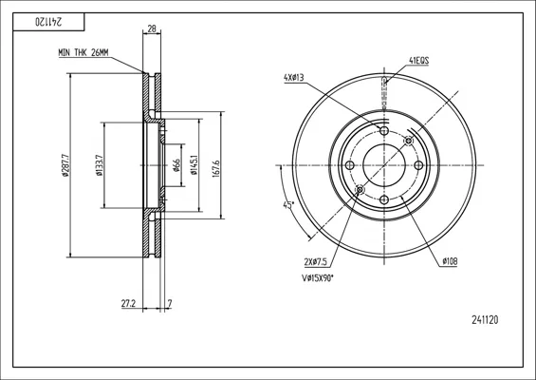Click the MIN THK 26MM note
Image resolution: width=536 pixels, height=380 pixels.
tap(83, 52)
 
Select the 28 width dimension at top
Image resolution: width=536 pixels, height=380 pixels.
tap(152, 29)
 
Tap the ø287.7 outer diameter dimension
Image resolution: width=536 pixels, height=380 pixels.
tap(66, 165)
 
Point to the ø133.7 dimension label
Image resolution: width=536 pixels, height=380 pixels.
tap(100, 165)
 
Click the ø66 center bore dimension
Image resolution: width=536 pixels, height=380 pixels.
tap(176, 165)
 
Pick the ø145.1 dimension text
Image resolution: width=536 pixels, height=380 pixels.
tap(194, 165)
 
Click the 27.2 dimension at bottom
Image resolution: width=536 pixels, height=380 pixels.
tap(129, 303)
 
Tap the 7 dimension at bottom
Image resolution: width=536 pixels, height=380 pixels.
tap(170, 303)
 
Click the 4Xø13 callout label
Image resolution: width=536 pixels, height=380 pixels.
tap(294, 78)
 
